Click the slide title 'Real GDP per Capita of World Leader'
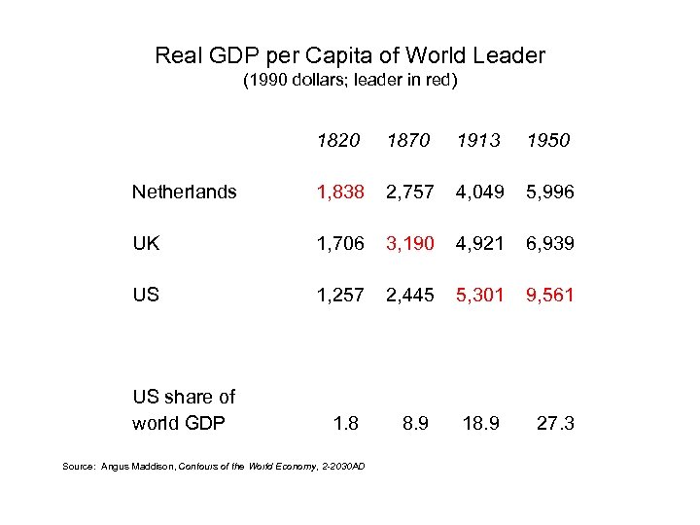coord(350,55)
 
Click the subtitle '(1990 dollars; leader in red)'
coord(350,81)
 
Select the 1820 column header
coord(338,141)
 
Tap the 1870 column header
coord(408,141)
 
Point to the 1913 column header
coord(478,141)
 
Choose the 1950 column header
coord(548,141)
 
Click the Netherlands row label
coord(184,192)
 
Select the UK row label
coord(146,243)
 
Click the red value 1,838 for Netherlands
coord(340,192)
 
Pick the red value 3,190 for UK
coord(409,243)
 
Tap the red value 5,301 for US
coord(479,295)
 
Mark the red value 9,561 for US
coord(549,295)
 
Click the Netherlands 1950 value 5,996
coord(549,192)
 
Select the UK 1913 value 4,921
coord(479,243)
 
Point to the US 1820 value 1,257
coord(340,295)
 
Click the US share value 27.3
coord(555,423)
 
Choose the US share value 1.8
coord(345,423)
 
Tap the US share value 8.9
coord(415,423)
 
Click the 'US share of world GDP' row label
coord(184,409)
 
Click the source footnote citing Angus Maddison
coord(214,467)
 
